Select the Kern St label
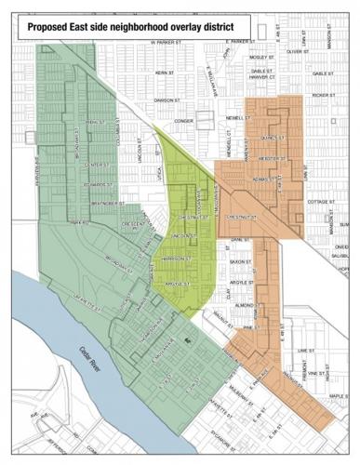tap(165, 72)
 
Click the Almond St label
tap(244, 305)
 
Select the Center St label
tap(96, 163)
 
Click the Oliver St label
tap(296, 52)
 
